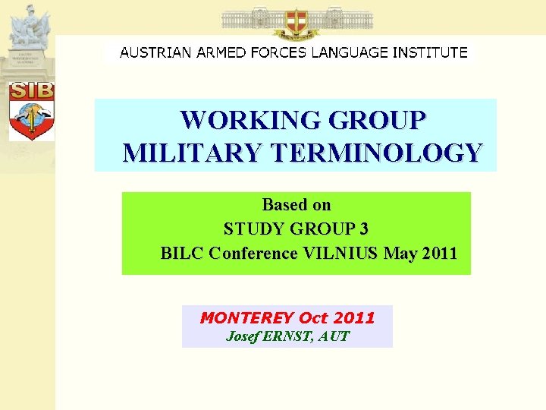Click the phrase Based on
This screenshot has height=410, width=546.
pyautogui.click(x=296, y=205)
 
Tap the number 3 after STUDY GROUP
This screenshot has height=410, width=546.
pyautogui.click(x=365, y=229)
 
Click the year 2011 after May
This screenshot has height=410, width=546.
pyautogui.click(x=441, y=253)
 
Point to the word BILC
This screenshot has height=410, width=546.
pyautogui.click(x=182, y=253)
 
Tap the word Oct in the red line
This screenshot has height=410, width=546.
pyautogui.click(x=314, y=317)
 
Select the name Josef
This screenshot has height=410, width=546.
pyautogui.click(x=243, y=336)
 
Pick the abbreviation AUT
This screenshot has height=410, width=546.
pyautogui.click(x=334, y=336)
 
